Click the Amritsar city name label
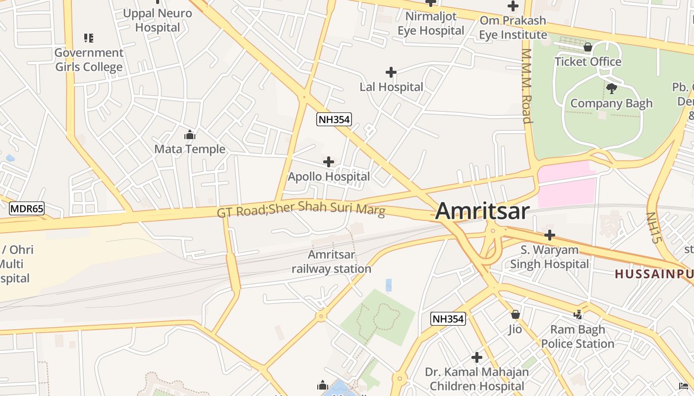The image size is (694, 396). click(x=482, y=211)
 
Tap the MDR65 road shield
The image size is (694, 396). click(x=27, y=208)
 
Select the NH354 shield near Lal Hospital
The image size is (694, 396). click(x=334, y=119)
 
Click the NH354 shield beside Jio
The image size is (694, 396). click(x=448, y=319)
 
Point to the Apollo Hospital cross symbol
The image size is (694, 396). click(x=328, y=162)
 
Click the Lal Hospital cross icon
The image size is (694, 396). click(x=391, y=73)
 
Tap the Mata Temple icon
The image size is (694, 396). click(x=189, y=135)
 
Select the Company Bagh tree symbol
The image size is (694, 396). click(x=612, y=89)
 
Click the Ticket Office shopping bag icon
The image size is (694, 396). click(x=587, y=48)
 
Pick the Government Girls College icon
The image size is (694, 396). click(x=89, y=38)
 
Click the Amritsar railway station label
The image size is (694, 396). click(x=331, y=262)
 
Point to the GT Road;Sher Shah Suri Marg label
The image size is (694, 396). click(x=301, y=208)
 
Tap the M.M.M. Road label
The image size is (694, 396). click(x=526, y=86)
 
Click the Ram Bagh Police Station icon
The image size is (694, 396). click(x=578, y=314)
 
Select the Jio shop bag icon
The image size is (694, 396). click(x=516, y=314)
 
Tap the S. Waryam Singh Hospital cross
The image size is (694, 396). click(x=550, y=235)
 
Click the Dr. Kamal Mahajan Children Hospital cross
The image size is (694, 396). click(x=477, y=357)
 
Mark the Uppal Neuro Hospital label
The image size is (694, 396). click(x=157, y=20)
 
